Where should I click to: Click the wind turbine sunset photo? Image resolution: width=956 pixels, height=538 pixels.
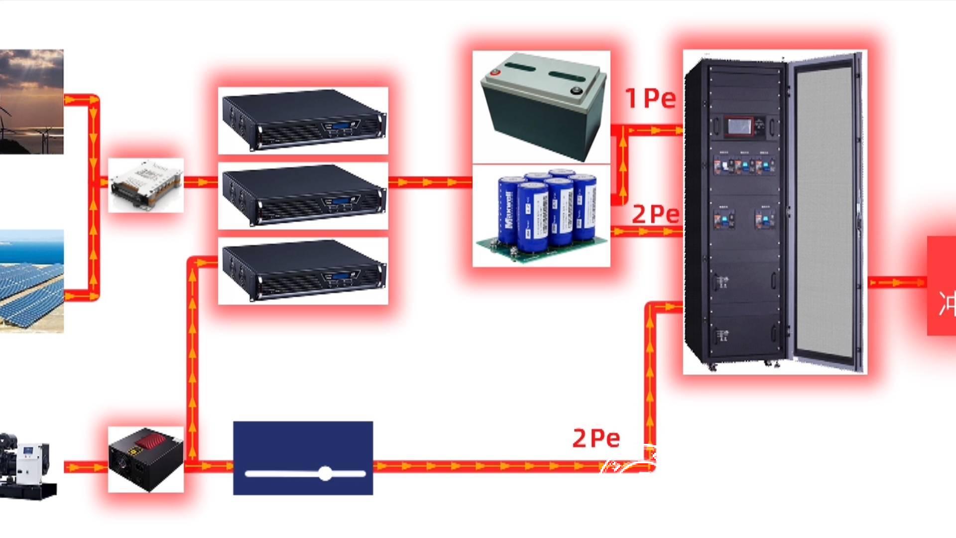click(31, 101)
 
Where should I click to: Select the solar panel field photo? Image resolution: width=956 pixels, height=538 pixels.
click(31, 281)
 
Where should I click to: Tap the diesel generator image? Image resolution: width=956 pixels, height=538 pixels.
click(27, 466)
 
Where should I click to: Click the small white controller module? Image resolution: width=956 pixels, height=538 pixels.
click(145, 185)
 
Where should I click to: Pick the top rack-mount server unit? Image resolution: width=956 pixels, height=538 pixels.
click(303, 120)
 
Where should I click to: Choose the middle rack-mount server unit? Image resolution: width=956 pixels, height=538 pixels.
click(303, 195)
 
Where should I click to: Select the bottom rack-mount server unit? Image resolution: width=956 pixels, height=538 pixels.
click(303, 270)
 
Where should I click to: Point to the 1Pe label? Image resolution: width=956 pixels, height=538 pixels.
click(650, 98)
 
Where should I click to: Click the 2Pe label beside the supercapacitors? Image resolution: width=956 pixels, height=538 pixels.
click(655, 214)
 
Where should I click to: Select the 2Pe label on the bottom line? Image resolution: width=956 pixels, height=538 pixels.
click(596, 438)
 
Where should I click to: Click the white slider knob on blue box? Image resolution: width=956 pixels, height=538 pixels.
click(325, 473)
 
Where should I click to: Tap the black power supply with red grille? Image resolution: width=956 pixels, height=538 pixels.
click(145, 459)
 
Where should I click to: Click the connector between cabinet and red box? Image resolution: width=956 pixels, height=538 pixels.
click(897, 282)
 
